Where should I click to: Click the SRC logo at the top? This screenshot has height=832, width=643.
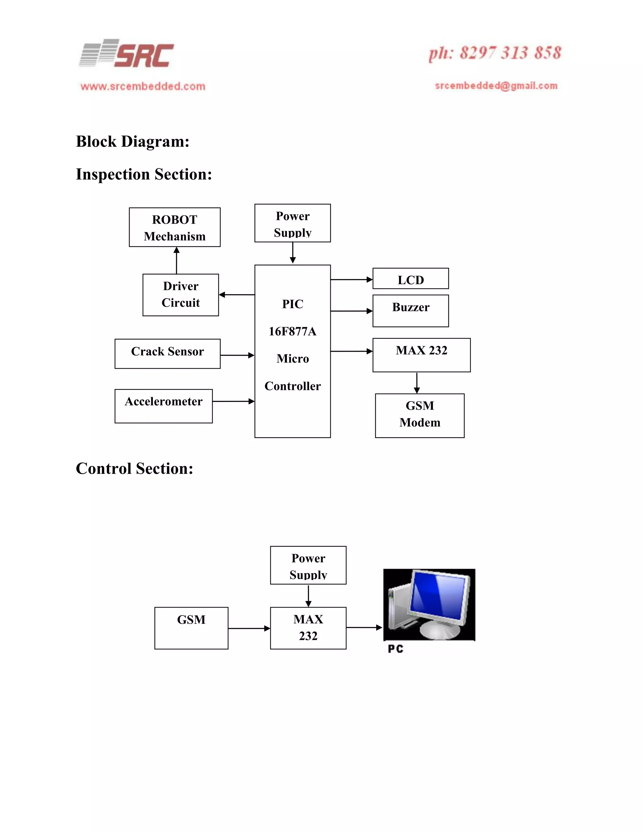[x=127, y=54]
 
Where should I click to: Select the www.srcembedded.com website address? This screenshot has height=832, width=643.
[x=143, y=86]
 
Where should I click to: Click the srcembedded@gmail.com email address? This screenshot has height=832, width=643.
[x=496, y=86]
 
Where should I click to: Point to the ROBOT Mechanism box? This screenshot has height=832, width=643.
[x=175, y=227]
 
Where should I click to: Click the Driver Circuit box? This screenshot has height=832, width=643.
[x=181, y=294]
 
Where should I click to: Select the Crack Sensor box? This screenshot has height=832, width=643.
[x=167, y=353]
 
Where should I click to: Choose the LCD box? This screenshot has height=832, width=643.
[x=410, y=279]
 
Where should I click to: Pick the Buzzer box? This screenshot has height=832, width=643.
[x=410, y=311]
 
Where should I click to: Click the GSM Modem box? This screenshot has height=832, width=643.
[x=419, y=415]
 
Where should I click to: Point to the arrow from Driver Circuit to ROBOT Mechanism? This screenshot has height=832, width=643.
[x=176, y=260]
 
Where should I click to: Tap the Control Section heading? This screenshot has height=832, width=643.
[x=134, y=468]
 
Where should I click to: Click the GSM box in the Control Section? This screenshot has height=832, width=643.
[x=191, y=628]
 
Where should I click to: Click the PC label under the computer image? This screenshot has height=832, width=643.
[x=395, y=649]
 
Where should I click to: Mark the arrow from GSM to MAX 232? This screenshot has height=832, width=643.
[x=249, y=628]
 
